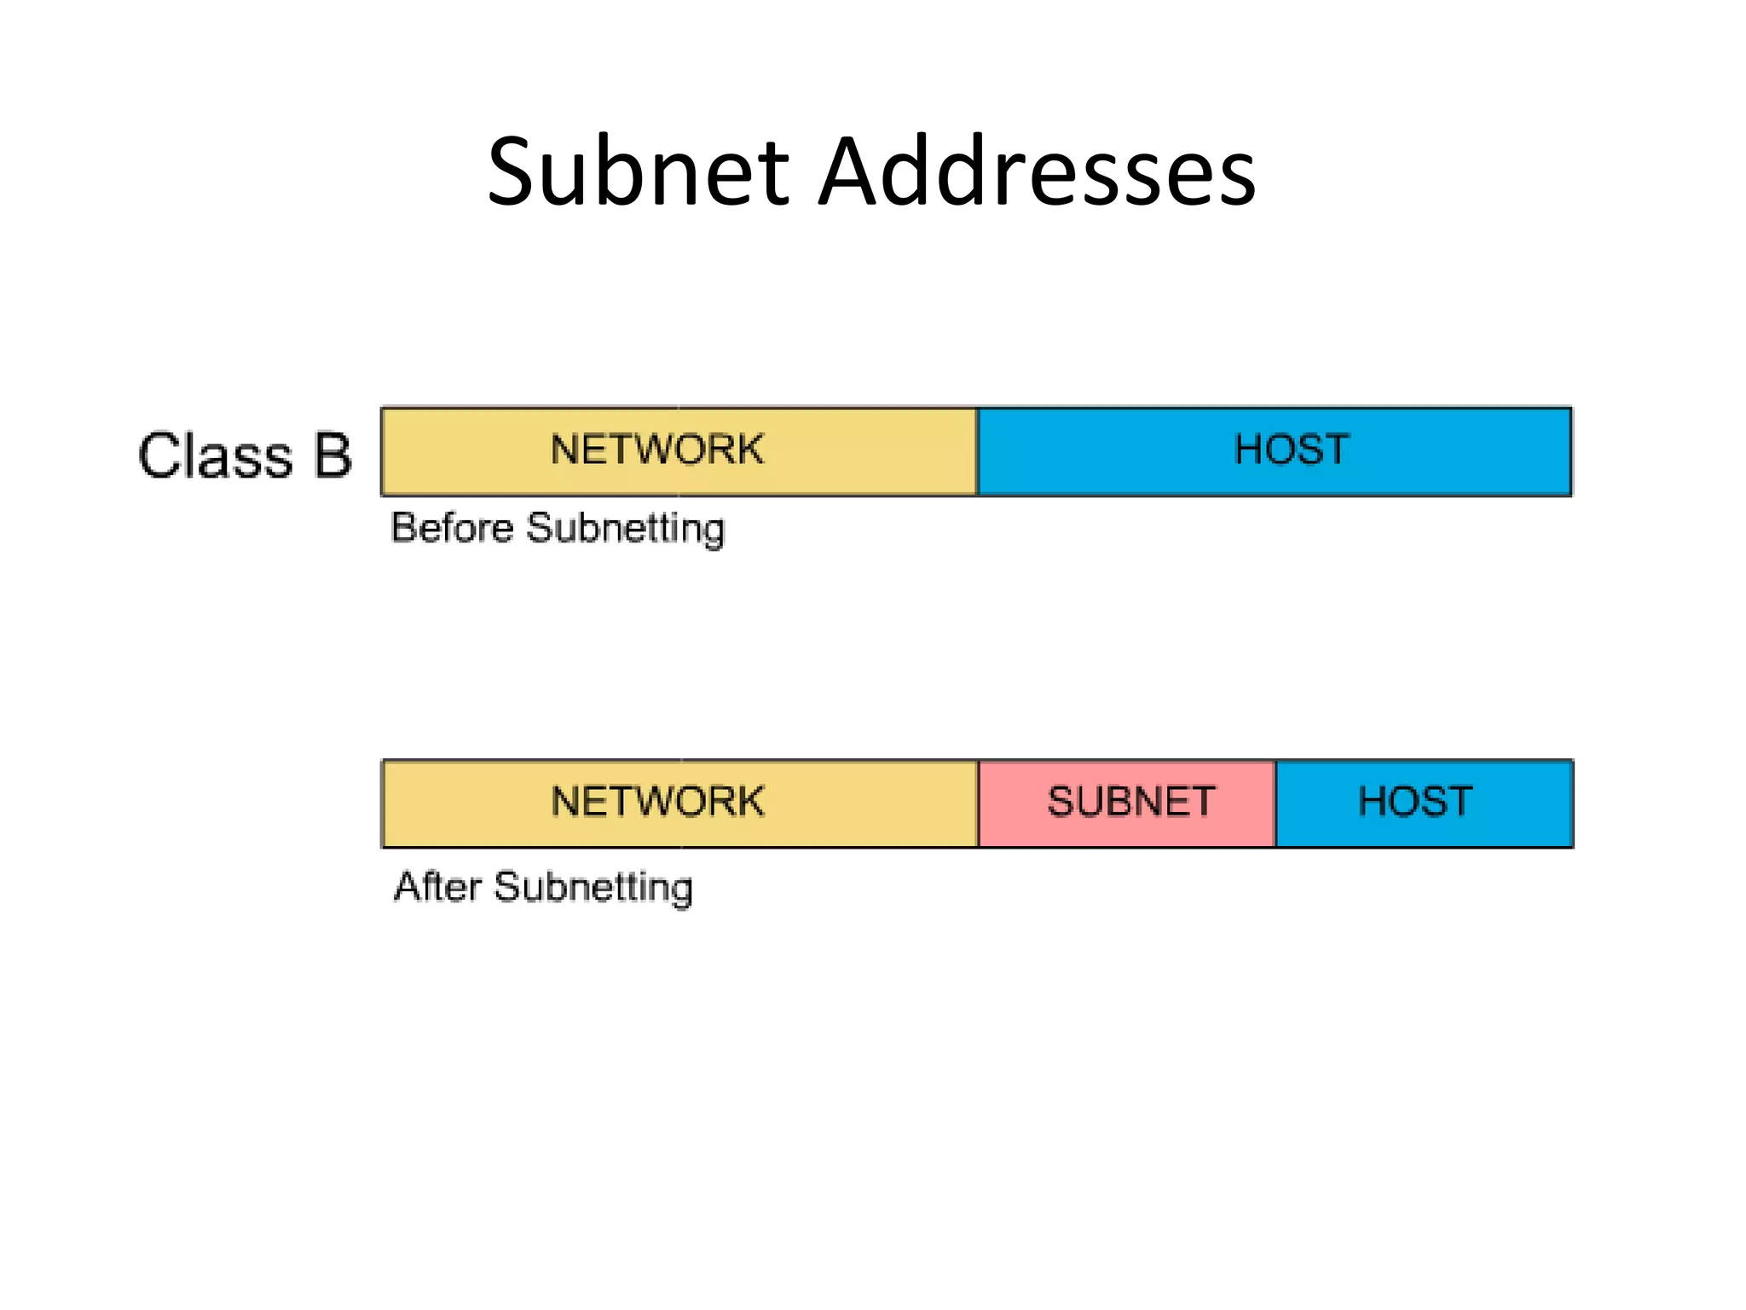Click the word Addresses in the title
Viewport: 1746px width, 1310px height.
[x=1037, y=173]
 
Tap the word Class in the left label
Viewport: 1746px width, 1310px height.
[x=216, y=455]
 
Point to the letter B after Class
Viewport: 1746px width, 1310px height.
[x=332, y=455]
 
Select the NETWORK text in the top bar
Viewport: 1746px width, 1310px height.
[x=656, y=449]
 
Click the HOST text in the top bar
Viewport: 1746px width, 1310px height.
[x=1292, y=449]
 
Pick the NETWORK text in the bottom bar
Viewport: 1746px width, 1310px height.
[x=657, y=802]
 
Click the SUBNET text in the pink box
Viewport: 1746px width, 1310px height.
[x=1130, y=802]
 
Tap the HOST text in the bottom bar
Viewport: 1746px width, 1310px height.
[x=1415, y=802]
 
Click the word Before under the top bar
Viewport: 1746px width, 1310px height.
[x=452, y=528]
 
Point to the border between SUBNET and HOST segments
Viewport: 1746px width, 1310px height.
[x=1275, y=803]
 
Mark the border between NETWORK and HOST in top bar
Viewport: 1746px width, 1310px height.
[x=977, y=452]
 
